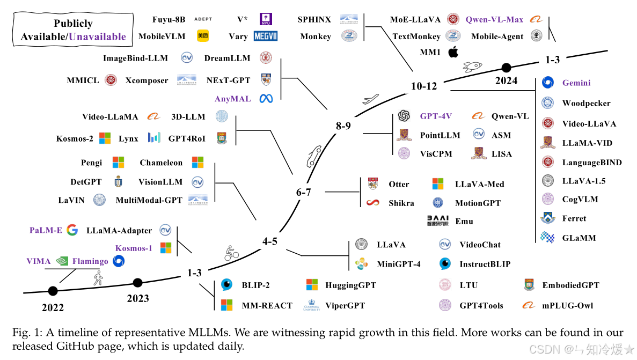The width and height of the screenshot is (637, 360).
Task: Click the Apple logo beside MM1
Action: click(453, 52)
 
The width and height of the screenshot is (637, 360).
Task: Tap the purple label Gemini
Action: click(576, 83)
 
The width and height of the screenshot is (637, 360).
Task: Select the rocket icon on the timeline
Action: click(471, 66)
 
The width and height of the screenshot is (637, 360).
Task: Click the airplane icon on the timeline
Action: click(371, 99)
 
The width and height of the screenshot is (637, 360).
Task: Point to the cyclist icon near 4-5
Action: click(231, 253)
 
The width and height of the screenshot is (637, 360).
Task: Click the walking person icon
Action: click(98, 277)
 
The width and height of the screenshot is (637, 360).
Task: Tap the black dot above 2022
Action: click(53, 291)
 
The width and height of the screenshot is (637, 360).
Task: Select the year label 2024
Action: click(506, 81)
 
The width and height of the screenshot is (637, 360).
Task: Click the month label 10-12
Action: click(424, 86)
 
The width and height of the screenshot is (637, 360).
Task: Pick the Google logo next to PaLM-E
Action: click(72, 230)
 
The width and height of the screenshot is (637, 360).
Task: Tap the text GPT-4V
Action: click(435, 116)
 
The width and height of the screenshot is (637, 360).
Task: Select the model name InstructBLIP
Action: click(485, 264)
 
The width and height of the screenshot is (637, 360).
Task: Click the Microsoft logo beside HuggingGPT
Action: click(312, 285)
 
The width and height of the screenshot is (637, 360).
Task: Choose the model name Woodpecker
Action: click(586, 103)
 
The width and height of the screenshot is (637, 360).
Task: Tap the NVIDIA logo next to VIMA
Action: click(62, 261)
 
